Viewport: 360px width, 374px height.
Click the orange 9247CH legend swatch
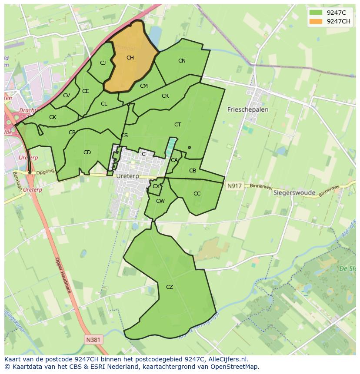316,22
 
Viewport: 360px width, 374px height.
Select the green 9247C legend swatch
316,13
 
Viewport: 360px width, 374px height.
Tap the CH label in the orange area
130,58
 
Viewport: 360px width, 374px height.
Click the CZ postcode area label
170,287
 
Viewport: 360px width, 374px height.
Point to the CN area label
182,61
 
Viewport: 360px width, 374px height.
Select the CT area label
177,125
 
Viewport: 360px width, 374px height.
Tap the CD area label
87,152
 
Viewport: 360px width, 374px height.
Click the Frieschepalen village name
248,110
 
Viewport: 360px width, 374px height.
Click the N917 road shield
233,186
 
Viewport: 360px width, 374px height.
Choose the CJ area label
103,63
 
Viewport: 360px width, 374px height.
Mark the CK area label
53,117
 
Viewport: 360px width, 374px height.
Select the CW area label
160,201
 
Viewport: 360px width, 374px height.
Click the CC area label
197,194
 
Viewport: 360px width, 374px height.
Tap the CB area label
193,171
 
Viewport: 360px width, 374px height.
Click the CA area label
174,160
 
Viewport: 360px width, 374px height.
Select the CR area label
165,96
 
